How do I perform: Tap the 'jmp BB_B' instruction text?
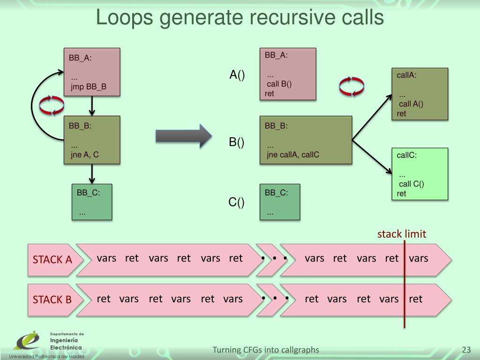click(x=89, y=87)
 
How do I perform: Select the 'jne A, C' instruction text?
click(x=85, y=155)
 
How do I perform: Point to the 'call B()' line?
click(x=279, y=84)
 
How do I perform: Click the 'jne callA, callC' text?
click(x=293, y=155)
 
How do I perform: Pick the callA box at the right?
click(x=420, y=94)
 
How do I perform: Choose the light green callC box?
click(x=420, y=174)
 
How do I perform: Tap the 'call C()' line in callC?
click(x=411, y=184)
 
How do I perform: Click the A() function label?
click(x=237, y=75)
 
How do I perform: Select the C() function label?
click(x=237, y=202)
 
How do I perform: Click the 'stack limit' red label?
click(x=402, y=234)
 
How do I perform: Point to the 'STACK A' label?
click(x=52, y=259)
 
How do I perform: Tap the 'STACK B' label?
click(x=52, y=300)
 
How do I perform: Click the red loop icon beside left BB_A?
click(x=52, y=105)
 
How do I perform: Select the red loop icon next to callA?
click(x=352, y=86)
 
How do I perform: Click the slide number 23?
click(x=466, y=350)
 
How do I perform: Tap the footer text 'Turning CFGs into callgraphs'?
click(x=266, y=350)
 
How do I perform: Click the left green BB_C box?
click(x=92, y=202)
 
